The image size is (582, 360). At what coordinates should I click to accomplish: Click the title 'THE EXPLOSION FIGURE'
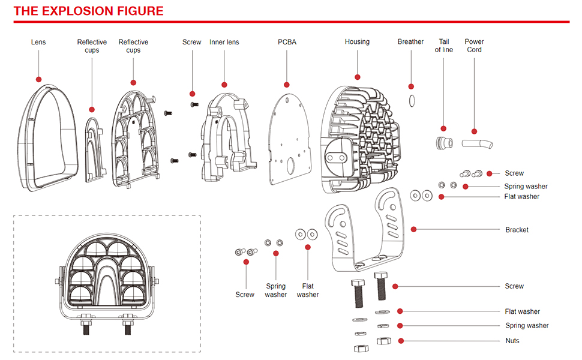[88, 11]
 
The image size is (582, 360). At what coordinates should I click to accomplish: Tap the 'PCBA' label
[287, 42]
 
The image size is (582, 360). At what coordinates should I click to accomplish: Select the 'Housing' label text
[357, 42]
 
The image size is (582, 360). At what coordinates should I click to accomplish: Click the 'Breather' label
[410, 42]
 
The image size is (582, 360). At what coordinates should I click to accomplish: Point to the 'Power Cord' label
[474, 46]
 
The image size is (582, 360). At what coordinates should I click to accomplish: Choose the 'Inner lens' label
[224, 42]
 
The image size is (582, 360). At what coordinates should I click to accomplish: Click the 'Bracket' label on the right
[517, 230]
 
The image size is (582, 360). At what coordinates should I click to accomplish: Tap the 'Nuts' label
[512, 341]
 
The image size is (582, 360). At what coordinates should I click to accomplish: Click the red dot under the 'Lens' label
[38, 79]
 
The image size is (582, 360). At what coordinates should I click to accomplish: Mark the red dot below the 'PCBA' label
[287, 85]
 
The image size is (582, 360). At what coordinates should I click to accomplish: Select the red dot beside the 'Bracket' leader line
[413, 229]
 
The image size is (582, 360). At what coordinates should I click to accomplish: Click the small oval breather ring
[411, 100]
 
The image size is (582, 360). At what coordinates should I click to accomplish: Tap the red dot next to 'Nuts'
[401, 341]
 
